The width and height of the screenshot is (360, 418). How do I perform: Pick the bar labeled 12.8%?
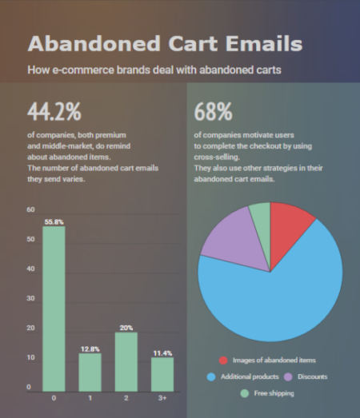click(x=90, y=372)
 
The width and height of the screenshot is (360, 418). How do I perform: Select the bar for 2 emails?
click(x=126, y=361)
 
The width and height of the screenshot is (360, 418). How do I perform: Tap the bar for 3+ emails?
click(x=162, y=374)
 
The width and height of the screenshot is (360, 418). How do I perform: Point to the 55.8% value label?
click(x=54, y=221)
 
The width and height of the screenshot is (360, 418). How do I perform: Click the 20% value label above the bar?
click(x=126, y=327)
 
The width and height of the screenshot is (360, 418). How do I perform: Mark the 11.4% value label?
click(x=162, y=352)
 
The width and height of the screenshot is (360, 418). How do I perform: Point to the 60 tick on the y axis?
click(x=31, y=209)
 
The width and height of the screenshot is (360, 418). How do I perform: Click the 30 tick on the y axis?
click(x=31, y=298)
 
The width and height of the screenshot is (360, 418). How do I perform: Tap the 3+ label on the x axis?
click(x=162, y=397)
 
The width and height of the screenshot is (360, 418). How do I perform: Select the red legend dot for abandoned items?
click(x=224, y=360)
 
